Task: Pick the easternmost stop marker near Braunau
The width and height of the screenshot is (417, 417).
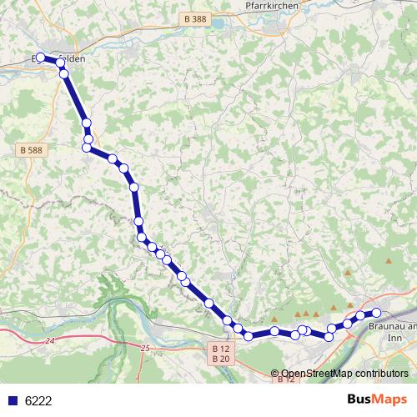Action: point(376,313)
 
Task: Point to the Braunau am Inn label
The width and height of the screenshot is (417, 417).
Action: point(391,327)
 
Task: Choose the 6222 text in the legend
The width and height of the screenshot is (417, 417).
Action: point(38,400)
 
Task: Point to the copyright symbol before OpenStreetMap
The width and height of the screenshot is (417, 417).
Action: point(275,374)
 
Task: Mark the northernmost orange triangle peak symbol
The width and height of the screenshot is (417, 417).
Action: point(389,261)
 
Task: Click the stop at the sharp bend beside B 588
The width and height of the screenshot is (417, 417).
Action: point(87,148)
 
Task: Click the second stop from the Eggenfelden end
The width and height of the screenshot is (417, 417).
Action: point(60,62)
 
